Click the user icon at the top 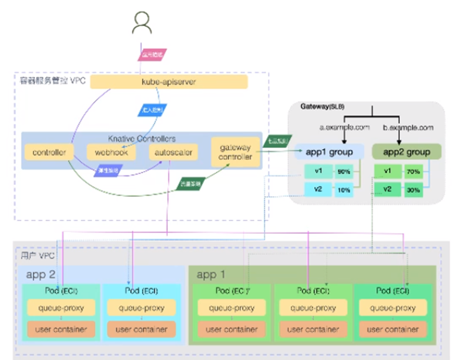coord(142,23)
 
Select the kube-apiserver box coord(169,82)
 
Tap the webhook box coord(111,152)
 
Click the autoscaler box coord(171,152)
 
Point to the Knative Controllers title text coord(142,138)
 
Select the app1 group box coord(329,152)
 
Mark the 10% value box coord(344,190)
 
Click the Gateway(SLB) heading coord(322,107)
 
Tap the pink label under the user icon coord(144,53)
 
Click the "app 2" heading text coord(41,275)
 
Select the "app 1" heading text coord(211,275)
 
